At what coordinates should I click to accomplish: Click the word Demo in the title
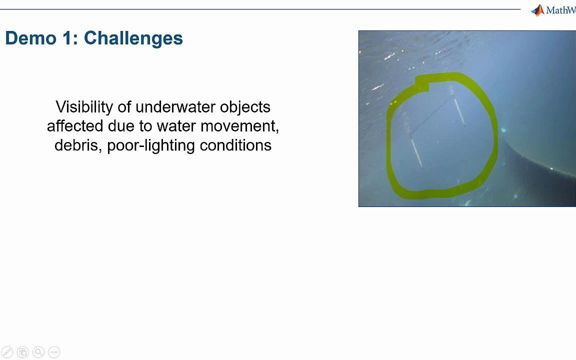(x=31, y=38)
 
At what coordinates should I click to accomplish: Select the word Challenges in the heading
(x=133, y=38)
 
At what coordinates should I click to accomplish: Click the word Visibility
(x=84, y=107)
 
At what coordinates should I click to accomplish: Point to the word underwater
(x=174, y=107)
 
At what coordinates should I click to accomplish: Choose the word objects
(x=245, y=107)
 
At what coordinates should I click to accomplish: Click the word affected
(x=75, y=126)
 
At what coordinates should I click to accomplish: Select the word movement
(x=239, y=126)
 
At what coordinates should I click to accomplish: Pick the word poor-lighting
(x=151, y=145)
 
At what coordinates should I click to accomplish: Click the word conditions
(x=235, y=145)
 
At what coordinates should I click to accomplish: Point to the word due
(x=121, y=126)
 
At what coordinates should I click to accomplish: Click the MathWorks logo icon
(x=538, y=10)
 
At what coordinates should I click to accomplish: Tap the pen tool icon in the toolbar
(x=7, y=352)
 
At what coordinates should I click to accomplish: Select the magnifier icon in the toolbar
(x=38, y=352)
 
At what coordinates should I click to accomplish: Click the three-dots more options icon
(x=54, y=352)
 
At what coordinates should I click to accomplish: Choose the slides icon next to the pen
(x=23, y=352)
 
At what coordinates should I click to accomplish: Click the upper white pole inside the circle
(x=459, y=111)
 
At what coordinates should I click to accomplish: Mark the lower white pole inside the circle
(x=416, y=152)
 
